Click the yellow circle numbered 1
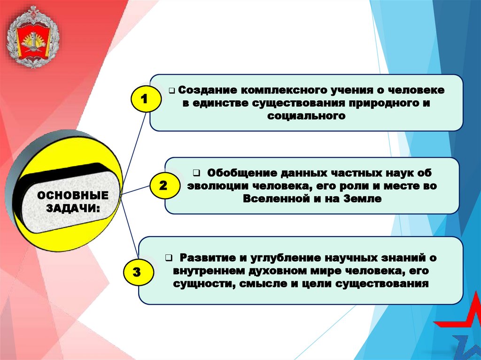pyautogui.click(x=144, y=100)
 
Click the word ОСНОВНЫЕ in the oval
pyautogui.click(x=72, y=195)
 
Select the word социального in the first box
pyautogui.click(x=306, y=115)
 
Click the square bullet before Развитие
pyautogui.click(x=168, y=258)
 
